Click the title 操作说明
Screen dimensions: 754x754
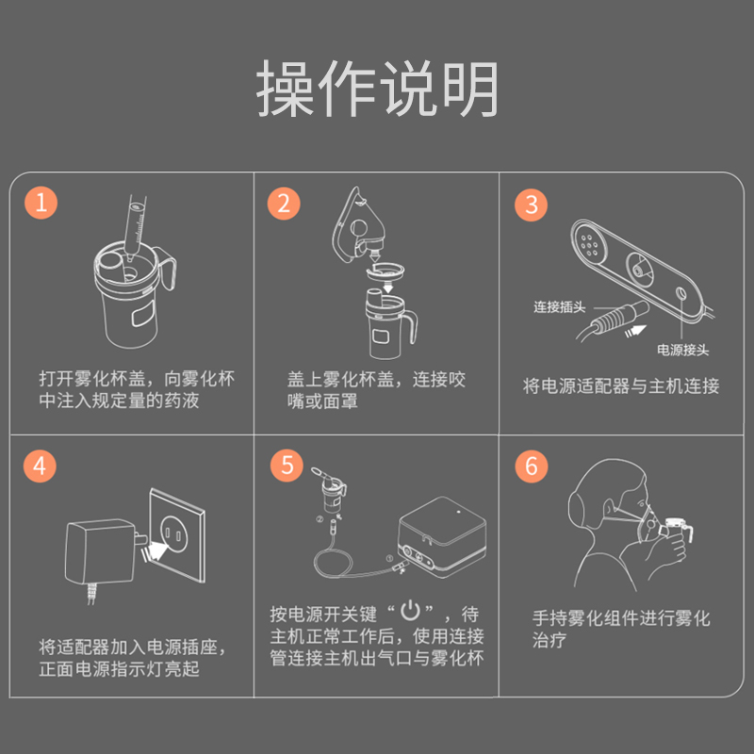377,89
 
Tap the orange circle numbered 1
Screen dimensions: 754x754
41,203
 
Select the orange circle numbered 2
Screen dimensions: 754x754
284,204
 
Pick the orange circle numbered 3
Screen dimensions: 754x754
531,205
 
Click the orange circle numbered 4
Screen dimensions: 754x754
40,466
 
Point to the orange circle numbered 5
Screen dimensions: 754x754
287,465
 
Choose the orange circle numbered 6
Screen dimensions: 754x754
532,466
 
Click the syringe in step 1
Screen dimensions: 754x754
135,227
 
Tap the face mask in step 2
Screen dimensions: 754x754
357,223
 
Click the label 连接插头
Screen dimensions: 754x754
559,307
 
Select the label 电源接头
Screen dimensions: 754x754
682,350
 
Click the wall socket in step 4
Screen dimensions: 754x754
177,535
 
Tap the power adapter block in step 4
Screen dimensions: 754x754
101,552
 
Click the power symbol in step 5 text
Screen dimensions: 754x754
411,611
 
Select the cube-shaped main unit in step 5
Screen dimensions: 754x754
442,536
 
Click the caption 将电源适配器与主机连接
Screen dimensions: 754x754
621,386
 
